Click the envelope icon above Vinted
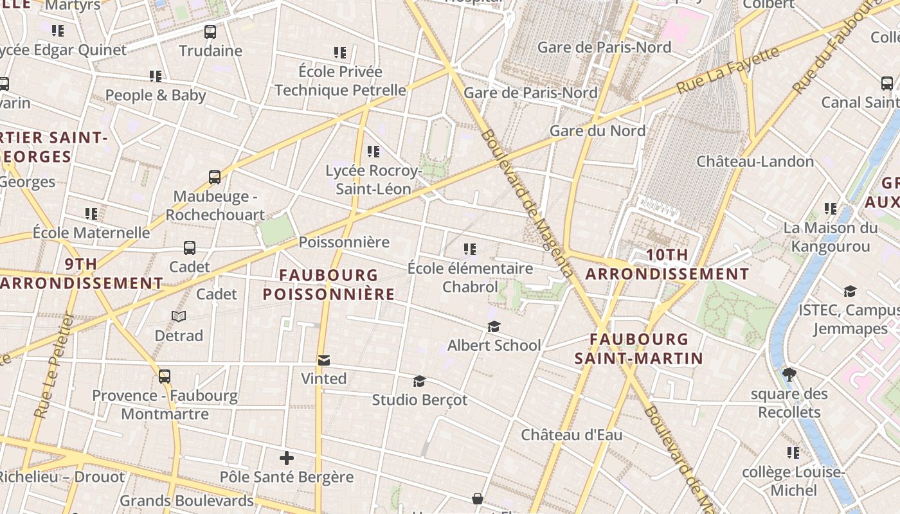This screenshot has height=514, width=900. click(323, 360)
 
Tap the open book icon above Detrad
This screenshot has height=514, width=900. click(179, 317)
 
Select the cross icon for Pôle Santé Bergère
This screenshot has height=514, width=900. click(287, 458)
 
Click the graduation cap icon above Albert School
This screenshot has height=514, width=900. click(494, 327)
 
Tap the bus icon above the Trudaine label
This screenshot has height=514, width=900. click(210, 32)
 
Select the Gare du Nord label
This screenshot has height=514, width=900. click(597, 130)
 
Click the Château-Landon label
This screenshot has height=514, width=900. click(755, 161)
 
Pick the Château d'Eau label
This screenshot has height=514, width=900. click(571, 435)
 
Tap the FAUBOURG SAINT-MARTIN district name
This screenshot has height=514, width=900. click(639, 349)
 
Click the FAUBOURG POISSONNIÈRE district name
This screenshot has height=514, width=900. click(328, 285)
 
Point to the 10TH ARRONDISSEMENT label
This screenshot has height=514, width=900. click(667, 265)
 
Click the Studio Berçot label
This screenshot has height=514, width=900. click(420, 400)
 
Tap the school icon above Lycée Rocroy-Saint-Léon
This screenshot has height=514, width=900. click(373, 152)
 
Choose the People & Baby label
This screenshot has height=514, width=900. click(156, 95)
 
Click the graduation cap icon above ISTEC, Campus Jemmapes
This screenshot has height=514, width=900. click(850, 292)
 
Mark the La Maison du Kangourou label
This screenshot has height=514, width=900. click(830, 237)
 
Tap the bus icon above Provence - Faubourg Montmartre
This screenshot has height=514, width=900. click(165, 377)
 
